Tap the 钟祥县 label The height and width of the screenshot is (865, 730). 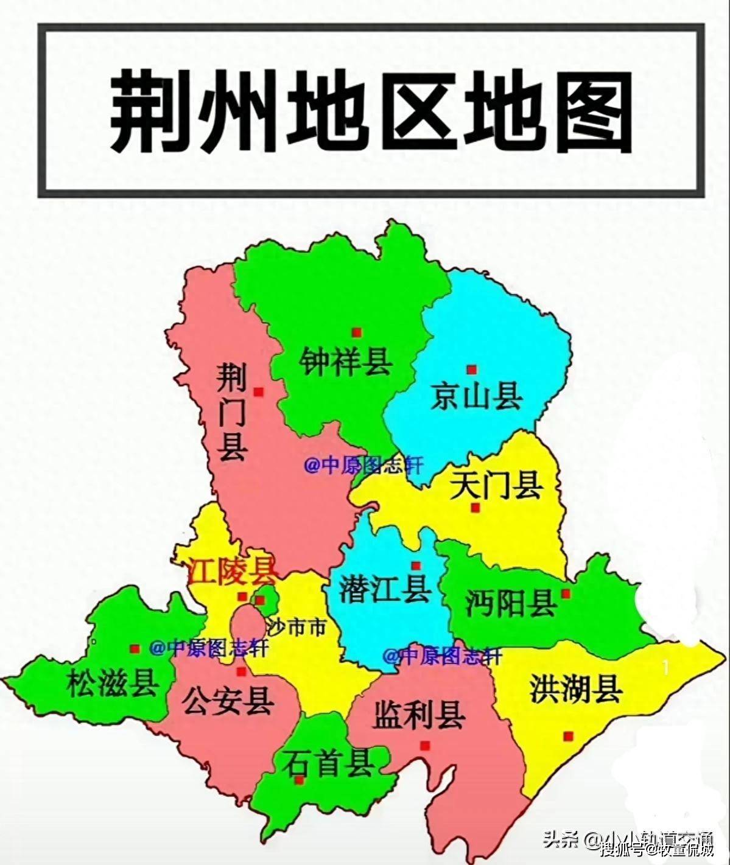tap(345, 362)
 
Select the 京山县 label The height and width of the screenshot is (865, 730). tap(477, 396)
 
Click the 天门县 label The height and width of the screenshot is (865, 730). tap(496, 485)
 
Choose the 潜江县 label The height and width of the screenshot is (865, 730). tap(385, 588)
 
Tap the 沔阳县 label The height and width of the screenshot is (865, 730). tap(511, 603)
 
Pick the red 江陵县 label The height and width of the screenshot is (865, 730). tap(231, 572)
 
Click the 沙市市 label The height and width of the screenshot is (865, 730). tap(297, 627)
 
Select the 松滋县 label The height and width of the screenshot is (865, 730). tap(113, 682)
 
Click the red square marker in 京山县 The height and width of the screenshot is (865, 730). tap(471, 369)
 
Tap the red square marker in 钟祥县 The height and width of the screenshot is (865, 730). tap(357, 332)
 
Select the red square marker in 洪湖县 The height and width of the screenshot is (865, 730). tap(568, 736)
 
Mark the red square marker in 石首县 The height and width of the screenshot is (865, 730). tap(299, 780)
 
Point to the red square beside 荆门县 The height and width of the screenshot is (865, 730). tap(259, 392)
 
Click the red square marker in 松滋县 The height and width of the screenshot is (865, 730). tap(135, 650)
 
